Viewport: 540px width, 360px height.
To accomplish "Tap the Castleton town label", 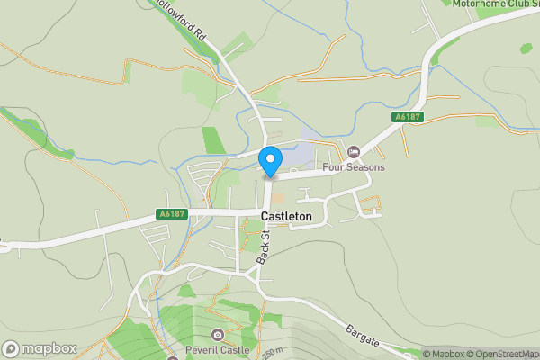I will point(286,217).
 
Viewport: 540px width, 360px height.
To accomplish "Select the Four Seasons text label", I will point(354,167).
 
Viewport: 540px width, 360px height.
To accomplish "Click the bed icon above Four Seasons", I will point(354,151).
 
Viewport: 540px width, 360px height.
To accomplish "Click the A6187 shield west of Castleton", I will point(172,214).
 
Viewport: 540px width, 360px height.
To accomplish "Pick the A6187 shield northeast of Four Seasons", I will point(408,118).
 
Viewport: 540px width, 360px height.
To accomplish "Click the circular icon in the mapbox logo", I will point(12,348).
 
